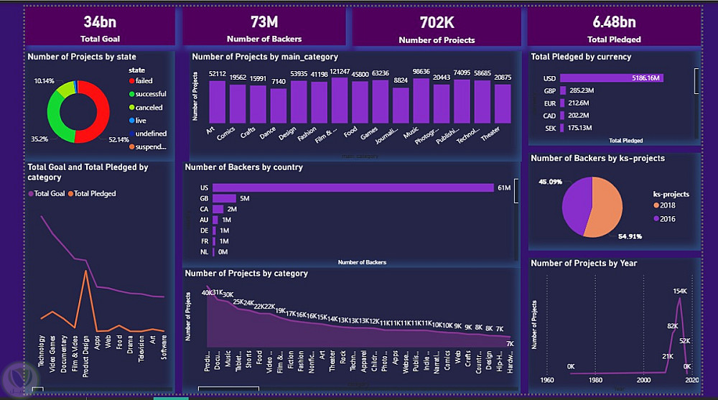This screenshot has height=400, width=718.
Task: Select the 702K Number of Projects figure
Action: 437,22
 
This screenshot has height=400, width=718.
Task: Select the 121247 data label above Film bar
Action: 340,72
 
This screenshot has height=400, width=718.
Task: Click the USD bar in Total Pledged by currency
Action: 610,78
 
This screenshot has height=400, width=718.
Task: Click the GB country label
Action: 204,198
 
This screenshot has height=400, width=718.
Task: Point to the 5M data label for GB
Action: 244,198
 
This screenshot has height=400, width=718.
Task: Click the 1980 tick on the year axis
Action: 595,380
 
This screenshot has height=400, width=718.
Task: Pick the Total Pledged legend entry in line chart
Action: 95,193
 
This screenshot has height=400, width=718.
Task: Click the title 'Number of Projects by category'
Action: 246,274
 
